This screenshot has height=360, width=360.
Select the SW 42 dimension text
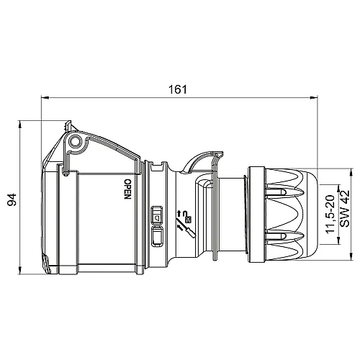point(344,209)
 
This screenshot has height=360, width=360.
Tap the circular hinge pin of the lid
point(75,140)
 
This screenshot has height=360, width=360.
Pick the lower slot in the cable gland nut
point(280,234)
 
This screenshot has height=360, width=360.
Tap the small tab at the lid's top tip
point(70,122)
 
